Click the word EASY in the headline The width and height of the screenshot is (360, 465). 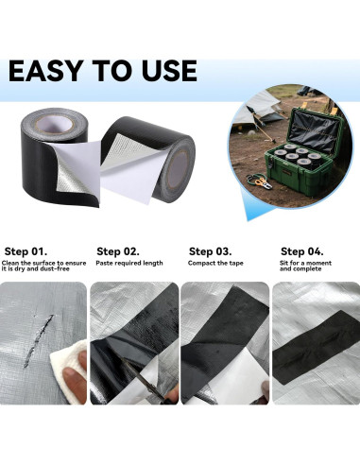tap(47, 72)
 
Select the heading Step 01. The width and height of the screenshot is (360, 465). tap(26, 251)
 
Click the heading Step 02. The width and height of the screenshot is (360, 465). tap(118, 251)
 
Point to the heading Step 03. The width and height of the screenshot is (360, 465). tap(211, 251)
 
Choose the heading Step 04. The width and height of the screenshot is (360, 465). tap(302, 251)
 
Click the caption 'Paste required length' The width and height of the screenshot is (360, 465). tap(129, 263)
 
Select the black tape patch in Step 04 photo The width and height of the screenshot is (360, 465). tap(314, 341)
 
